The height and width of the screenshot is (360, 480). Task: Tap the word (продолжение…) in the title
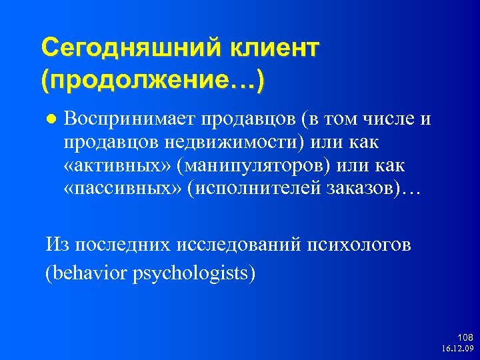tap(152, 82)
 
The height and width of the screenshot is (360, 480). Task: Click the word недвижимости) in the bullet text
tap(256, 142)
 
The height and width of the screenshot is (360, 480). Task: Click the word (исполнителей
tap(254, 187)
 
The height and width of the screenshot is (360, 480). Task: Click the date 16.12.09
tap(457, 349)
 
